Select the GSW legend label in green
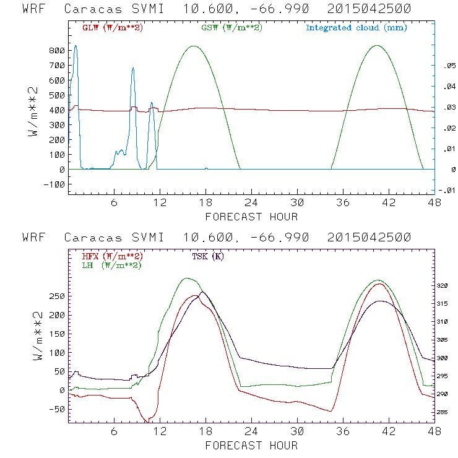(x=231, y=28)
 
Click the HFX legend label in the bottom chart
(x=112, y=256)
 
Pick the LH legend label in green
(x=111, y=265)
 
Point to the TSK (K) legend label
(x=208, y=256)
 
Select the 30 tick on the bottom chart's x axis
(x=297, y=431)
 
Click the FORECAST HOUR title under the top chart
(x=251, y=217)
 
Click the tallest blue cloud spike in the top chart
(x=76, y=46)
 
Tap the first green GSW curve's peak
(x=194, y=46)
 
